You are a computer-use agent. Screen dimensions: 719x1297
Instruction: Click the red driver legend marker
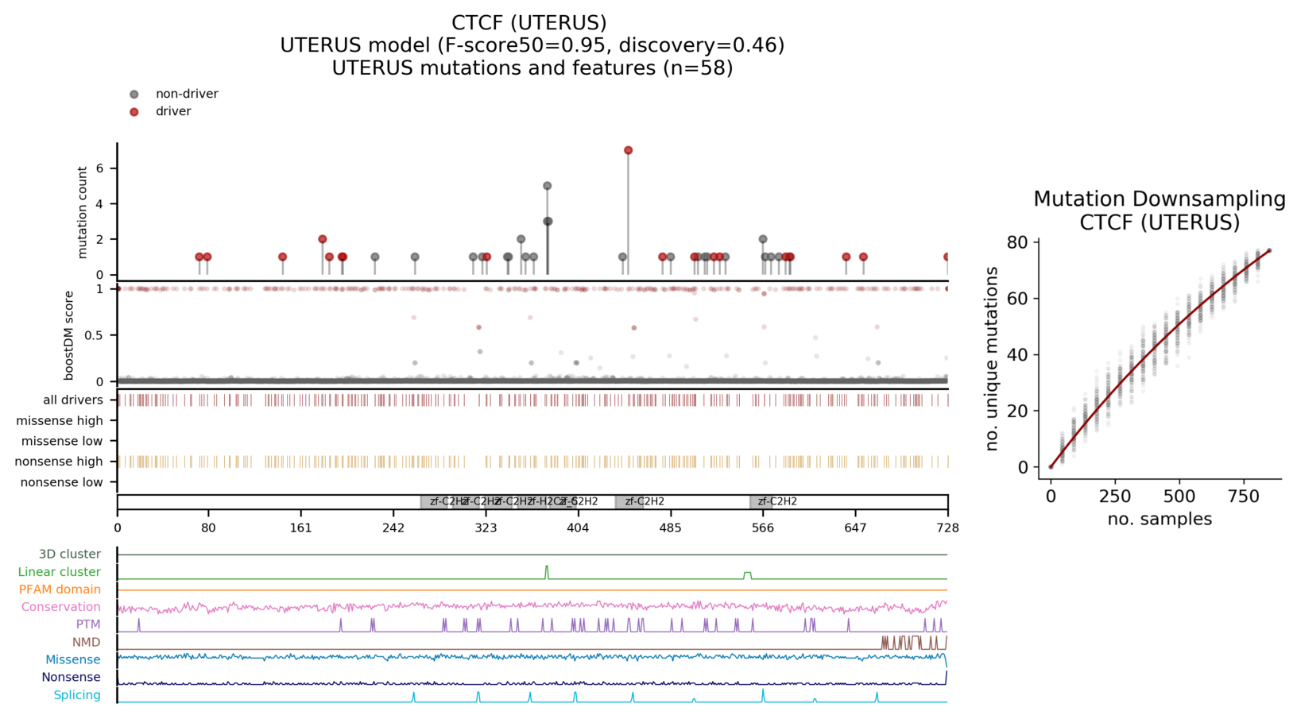(x=134, y=112)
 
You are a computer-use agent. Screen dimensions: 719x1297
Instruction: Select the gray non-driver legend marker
(x=134, y=95)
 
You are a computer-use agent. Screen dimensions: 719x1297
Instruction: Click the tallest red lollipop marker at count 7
(x=628, y=150)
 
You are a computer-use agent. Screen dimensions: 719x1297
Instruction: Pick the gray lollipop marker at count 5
(x=547, y=186)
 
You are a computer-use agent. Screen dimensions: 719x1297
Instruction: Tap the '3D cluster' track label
(x=70, y=555)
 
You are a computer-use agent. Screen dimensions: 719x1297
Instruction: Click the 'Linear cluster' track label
(x=60, y=572)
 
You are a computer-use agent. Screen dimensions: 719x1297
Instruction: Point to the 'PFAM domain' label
(x=60, y=590)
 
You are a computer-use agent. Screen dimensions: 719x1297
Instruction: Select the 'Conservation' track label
(x=61, y=607)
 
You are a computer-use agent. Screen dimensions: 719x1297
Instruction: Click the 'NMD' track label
(x=87, y=642)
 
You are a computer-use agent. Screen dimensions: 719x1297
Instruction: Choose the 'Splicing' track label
(x=77, y=695)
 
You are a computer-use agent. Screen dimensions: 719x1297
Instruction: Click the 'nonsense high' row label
(x=59, y=462)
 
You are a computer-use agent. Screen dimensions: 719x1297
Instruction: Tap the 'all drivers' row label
(x=73, y=400)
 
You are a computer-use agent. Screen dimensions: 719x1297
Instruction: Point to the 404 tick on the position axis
(x=578, y=528)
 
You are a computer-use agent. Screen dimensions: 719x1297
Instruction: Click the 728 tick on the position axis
(x=947, y=528)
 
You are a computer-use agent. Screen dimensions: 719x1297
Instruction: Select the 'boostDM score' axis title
(x=69, y=335)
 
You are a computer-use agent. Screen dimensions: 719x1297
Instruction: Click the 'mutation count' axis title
(x=83, y=212)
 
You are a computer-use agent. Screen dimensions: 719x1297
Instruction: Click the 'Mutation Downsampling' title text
(x=1159, y=199)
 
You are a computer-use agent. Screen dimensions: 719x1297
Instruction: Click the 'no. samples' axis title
(x=1160, y=520)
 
